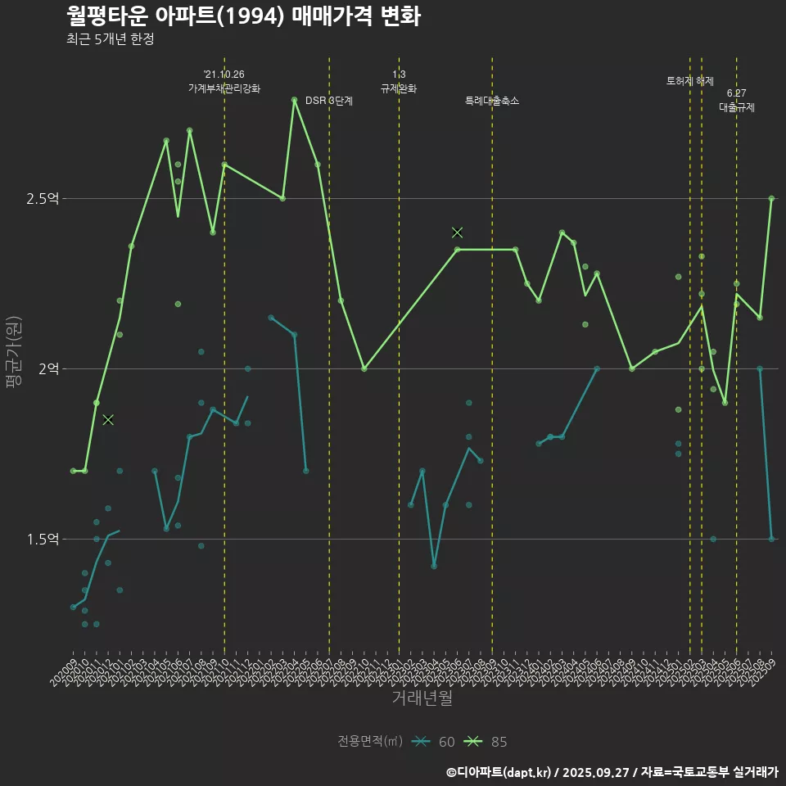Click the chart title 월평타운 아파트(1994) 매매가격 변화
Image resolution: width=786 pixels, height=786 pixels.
coord(243,16)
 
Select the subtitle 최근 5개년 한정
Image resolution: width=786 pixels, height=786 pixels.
coord(110,39)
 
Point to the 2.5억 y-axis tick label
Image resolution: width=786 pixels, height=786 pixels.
coord(43,199)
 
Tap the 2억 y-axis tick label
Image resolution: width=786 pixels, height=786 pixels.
coord(48,369)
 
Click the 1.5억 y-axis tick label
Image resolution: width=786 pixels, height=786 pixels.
coord(43,540)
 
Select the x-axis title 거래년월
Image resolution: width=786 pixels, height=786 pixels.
coord(422,698)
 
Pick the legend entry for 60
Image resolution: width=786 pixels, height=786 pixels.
coord(434,742)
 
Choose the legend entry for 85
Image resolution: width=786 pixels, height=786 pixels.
coord(486,742)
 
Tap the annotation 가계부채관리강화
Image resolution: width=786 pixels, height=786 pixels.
coord(224,88)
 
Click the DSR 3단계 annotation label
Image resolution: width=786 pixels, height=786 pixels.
coord(329,101)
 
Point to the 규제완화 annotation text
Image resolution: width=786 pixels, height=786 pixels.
coord(399,88)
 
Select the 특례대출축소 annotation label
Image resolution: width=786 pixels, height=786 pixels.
coord(492,101)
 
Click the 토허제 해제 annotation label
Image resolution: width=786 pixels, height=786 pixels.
coord(690,81)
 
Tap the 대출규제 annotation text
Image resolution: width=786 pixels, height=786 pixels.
coord(737,107)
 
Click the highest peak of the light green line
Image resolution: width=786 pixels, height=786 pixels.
coord(294,100)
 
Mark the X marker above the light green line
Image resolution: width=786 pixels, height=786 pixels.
coord(458,233)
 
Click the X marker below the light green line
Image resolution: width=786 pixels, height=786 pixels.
coord(108,420)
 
